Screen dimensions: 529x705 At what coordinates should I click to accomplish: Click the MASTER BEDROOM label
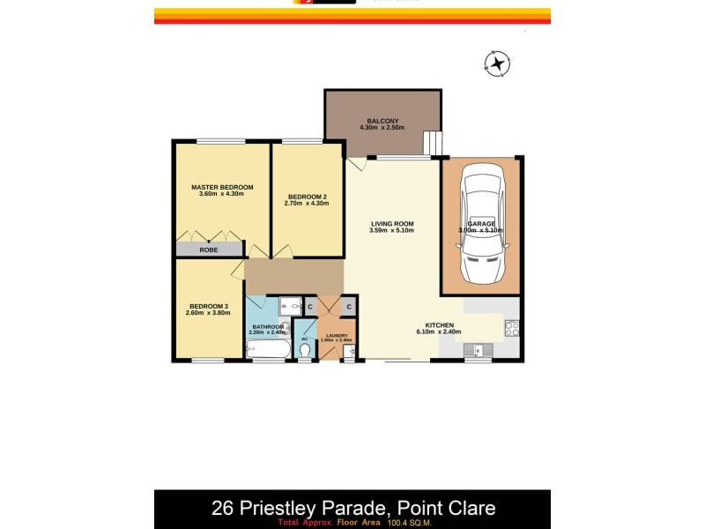point(222,187)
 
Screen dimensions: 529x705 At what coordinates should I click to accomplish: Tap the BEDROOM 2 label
point(306,196)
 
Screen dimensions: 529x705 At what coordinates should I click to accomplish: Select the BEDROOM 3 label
point(207,305)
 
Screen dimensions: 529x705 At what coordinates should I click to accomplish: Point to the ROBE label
point(209,250)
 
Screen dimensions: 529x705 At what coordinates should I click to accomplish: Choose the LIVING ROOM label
point(391,224)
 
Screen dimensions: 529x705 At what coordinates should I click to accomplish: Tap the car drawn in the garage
point(482,227)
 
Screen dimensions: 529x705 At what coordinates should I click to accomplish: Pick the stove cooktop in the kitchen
point(511,329)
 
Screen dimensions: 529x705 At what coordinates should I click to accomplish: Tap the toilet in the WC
point(305,351)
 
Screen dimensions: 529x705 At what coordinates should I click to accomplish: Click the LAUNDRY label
point(337,335)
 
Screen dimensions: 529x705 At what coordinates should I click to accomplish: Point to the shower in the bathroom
point(289,306)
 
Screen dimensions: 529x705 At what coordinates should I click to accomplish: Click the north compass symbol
point(499,63)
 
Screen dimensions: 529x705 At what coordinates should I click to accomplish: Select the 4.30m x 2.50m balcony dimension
point(382,129)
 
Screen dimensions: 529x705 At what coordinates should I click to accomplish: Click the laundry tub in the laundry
point(349,353)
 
